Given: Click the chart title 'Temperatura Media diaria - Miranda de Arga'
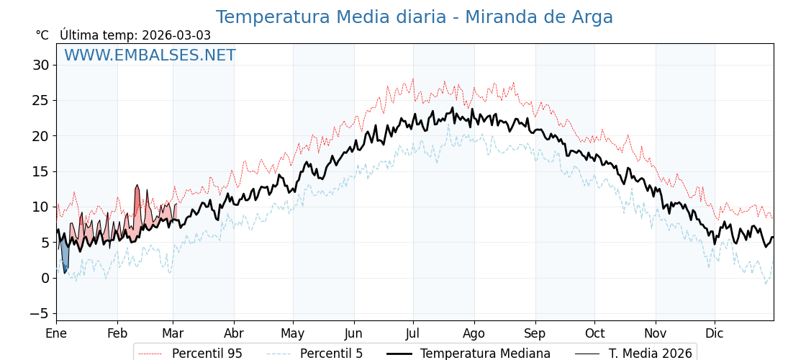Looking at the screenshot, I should [x=414, y=17].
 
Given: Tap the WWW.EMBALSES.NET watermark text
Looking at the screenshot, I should [x=150, y=55].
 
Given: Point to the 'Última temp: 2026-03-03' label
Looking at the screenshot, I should [x=135, y=35].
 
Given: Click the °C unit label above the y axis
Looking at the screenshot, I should [x=42, y=35].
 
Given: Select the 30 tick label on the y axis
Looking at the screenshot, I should [x=40, y=65].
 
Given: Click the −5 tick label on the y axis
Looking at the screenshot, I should [x=39, y=313].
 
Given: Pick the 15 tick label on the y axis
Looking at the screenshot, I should [x=40, y=171].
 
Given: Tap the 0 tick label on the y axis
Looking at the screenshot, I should [x=45, y=278].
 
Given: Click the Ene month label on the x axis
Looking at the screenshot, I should [x=56, y=334].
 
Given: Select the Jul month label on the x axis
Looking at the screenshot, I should [x=413, y=334].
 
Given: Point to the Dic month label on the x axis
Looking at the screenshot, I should [x=715, y=334].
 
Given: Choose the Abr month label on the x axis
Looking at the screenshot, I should [x=234, y=334].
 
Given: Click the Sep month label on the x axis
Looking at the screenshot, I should [x=535, y=334].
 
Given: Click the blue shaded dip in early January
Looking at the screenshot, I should [x=65, y=256].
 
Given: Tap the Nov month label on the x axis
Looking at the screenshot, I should [x=656, y=334].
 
